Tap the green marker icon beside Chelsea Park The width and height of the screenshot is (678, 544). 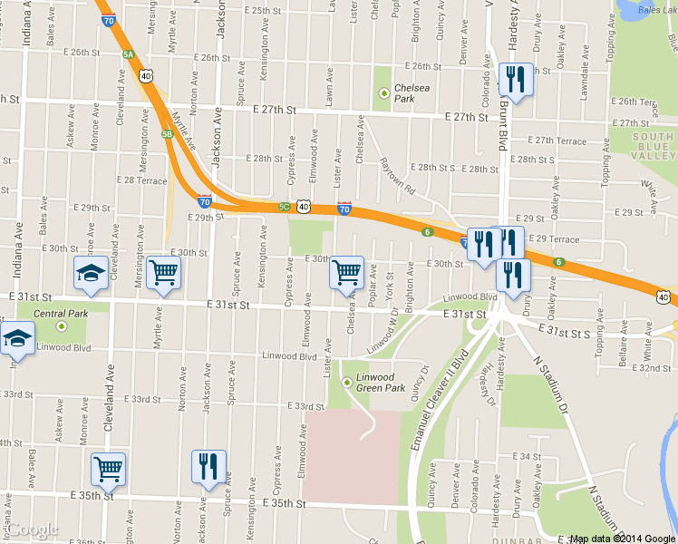[x=384, y=92]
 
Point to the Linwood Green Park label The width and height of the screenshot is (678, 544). [x=378, y=381]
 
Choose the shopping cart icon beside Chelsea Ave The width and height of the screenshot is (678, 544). [x=345, y=271]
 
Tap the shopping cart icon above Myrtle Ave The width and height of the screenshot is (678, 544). [x=163, y=271]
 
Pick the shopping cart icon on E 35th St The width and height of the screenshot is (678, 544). [x=108, y=469]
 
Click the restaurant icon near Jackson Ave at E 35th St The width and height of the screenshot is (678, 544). [x=208, y=466]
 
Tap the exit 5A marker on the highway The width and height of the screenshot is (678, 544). [x=128, y=54]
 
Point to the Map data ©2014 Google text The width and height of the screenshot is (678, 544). [x=622, y=539]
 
